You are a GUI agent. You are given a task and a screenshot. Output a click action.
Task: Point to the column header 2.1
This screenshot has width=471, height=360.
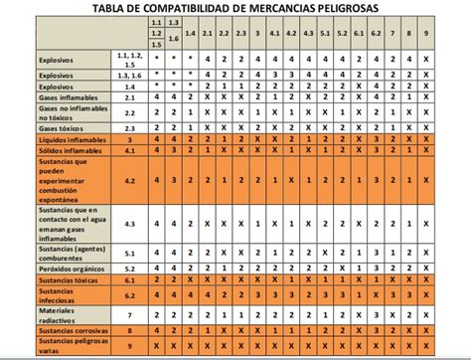tap(207, 34)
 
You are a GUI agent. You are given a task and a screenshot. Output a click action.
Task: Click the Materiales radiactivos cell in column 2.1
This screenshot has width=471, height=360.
tap(207, 316)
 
